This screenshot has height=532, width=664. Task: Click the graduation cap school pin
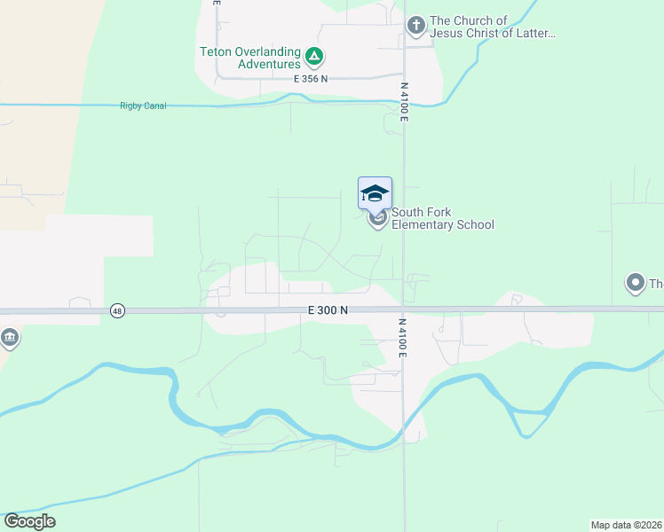point(375,193)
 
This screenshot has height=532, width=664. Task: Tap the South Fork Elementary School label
point(442,218)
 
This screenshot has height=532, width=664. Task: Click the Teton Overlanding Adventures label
point(251,58)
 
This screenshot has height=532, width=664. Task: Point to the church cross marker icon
point(415,27)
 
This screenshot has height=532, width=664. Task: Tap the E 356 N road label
point(311,79)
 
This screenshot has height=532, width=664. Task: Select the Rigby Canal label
point(143,106)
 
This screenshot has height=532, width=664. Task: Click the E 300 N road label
point(328,310)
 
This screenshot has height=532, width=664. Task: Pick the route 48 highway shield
point(117,310)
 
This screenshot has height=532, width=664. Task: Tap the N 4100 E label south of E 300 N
point(402,339)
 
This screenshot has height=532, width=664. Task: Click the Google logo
point(29,521)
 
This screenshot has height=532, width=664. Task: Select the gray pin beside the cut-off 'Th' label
point(635,284)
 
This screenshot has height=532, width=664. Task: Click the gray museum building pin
point(10,337)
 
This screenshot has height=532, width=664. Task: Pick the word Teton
point(217,51)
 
